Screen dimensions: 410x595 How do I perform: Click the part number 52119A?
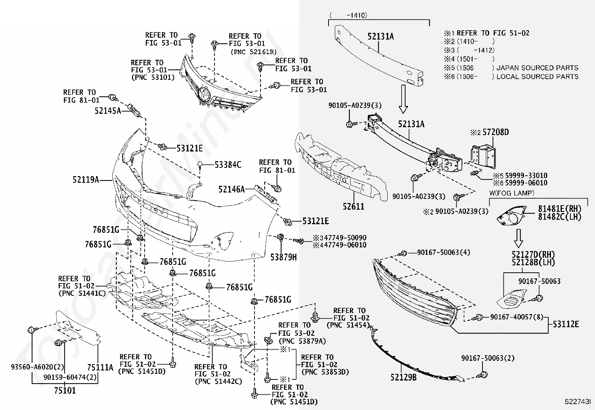click(x=86, y=180)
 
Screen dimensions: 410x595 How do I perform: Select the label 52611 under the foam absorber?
click(x=353, y=206)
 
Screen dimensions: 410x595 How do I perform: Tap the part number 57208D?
click(x=495, y=132)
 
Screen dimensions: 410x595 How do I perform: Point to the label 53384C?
click(x=228, y=165)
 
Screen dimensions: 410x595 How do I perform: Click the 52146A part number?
click(x=231, y=190)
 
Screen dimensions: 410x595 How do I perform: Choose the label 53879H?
click(x=283, y=257)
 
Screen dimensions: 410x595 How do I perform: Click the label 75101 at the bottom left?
click(x=64, y=391)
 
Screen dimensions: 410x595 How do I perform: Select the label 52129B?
click(x=403, y=378)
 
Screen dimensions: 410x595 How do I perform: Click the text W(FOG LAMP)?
click(x=511, y=193)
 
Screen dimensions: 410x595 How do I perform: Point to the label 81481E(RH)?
click(x=559, y=209)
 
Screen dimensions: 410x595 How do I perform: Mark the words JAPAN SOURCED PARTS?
click(x=537, y=68)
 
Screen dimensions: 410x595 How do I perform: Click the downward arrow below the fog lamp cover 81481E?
click(x=518, y=238)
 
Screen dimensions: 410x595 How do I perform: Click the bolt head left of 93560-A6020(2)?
click(x=31, y=330)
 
